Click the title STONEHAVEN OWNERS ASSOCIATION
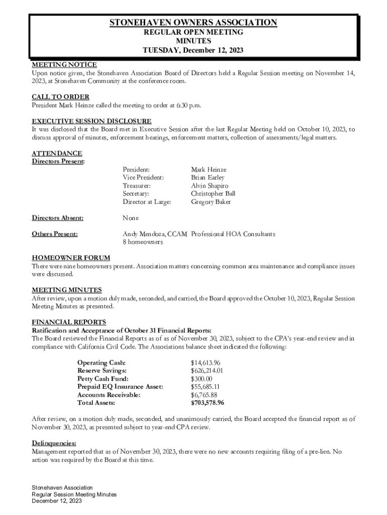tap(193, 23)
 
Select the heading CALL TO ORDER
tap(60, 97)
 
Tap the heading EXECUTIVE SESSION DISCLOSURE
tap(91, 121)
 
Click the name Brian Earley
tap(208, 178)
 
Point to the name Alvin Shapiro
tap(210, 186)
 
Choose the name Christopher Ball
tap(213, 194)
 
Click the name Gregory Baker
tap(211, 202)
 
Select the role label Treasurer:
tap(137, 186)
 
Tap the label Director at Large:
tap(147, 202)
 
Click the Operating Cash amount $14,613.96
tap(206, 363)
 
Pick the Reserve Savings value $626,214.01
tap(207, 371)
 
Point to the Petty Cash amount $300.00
tap(202, 379)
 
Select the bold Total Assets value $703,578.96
tap(208, 403)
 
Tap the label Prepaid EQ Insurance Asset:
tap(120, 387)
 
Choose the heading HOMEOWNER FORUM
tap(71, 258)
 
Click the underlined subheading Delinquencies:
tap(54, 444)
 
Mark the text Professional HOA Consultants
tap(233, 234)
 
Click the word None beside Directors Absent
tap(131, 218)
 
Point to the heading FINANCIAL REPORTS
tap(69, 322)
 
